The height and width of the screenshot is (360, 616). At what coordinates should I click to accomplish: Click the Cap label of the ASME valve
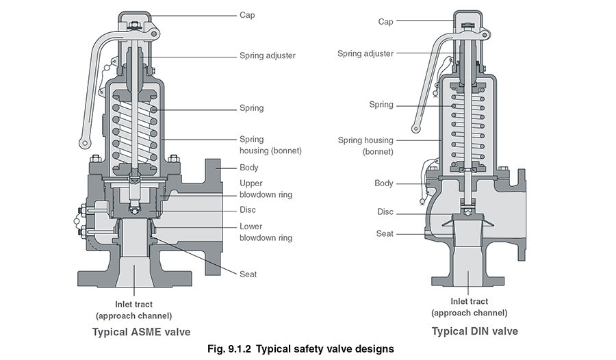(x=248, y=14)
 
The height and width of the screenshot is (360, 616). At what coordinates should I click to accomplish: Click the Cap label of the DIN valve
(x=385, y=21)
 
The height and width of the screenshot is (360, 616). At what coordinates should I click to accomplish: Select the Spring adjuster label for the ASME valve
(x=268, y=55)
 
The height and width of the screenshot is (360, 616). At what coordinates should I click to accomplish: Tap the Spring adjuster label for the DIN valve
(x=365, y=53)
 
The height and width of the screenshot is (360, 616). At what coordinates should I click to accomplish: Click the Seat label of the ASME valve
(x=248, y=274)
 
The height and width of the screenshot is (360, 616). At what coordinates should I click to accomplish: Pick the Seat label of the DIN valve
(x=385, y=233)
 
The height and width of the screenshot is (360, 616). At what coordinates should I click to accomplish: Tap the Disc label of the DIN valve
(x=385, y=211)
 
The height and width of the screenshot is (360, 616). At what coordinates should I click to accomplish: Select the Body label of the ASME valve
(x=248, y=168)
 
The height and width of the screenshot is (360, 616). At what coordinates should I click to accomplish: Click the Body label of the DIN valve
(x=384, y=183)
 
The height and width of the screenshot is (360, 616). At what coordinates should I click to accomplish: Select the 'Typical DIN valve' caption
(x=474, y=331)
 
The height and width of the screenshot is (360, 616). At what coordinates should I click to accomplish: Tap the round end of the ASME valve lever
(x=85, y=143)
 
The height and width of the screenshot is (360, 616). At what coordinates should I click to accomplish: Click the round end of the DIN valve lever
(x=415, y=127)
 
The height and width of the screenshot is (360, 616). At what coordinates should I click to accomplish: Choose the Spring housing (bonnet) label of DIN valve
(x=365, y=146)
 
